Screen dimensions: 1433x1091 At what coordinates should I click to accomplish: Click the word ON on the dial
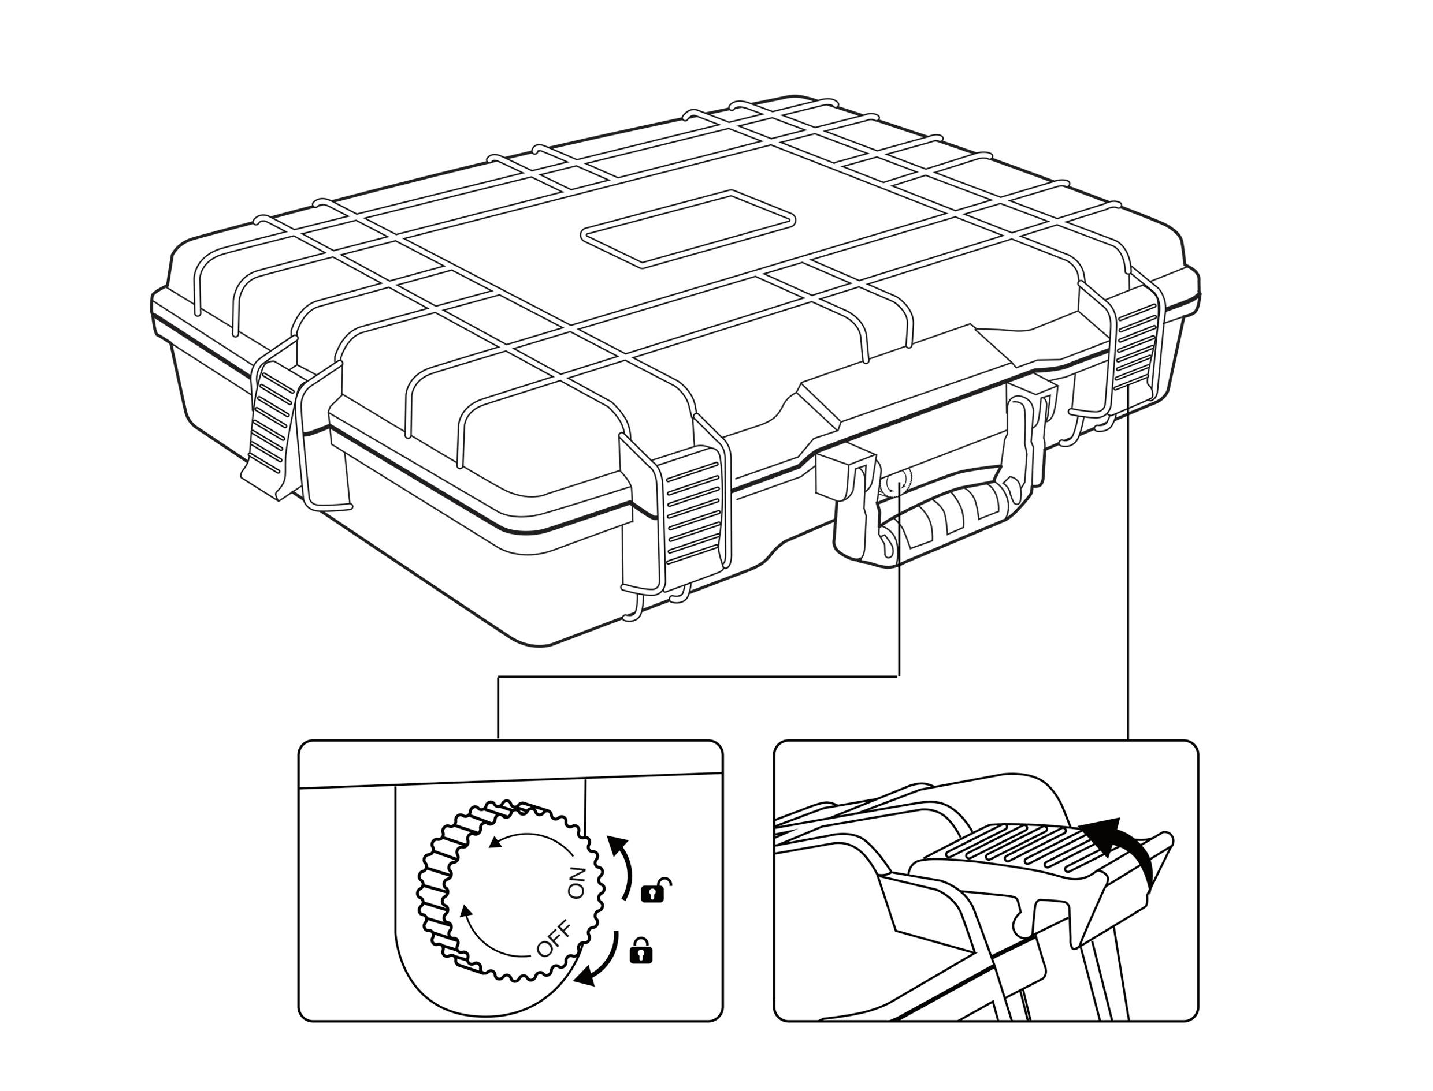[x=577, y=883]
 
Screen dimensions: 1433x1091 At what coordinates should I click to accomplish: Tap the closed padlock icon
[x=641, y=950]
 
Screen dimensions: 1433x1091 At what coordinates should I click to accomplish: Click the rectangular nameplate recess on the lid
[x=688, y=228]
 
